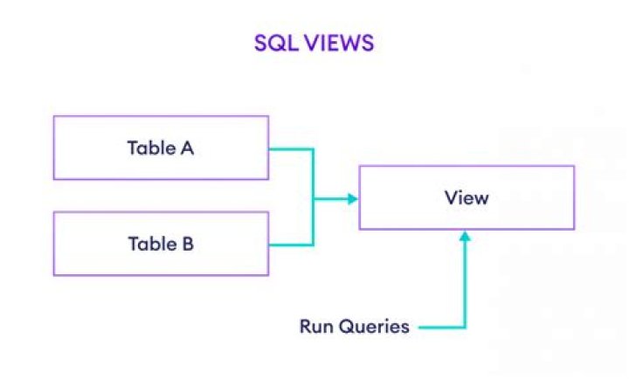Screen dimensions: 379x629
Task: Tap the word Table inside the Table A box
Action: [150, 148]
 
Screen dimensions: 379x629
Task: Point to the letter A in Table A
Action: [187, 148]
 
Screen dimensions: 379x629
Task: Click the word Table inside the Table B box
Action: [150, 244]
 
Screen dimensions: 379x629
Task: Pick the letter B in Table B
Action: [187, 244]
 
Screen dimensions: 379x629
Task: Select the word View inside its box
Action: [467, 197]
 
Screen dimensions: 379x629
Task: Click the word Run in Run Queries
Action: [316, 327]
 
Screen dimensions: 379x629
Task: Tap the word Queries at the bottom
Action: [373, 327]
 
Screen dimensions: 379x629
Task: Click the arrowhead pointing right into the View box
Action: [353, 199]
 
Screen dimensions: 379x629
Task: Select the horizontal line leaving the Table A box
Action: [290, 149]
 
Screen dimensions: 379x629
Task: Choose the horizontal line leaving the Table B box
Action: [290, 245]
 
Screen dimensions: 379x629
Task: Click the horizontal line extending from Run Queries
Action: [441, 328]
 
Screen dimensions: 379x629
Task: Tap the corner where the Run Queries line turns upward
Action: [466, 328]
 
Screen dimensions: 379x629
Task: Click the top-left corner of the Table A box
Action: [54, 117]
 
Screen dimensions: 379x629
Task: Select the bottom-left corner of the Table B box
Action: [54, 275]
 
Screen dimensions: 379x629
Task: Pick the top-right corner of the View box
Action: [574, 166]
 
